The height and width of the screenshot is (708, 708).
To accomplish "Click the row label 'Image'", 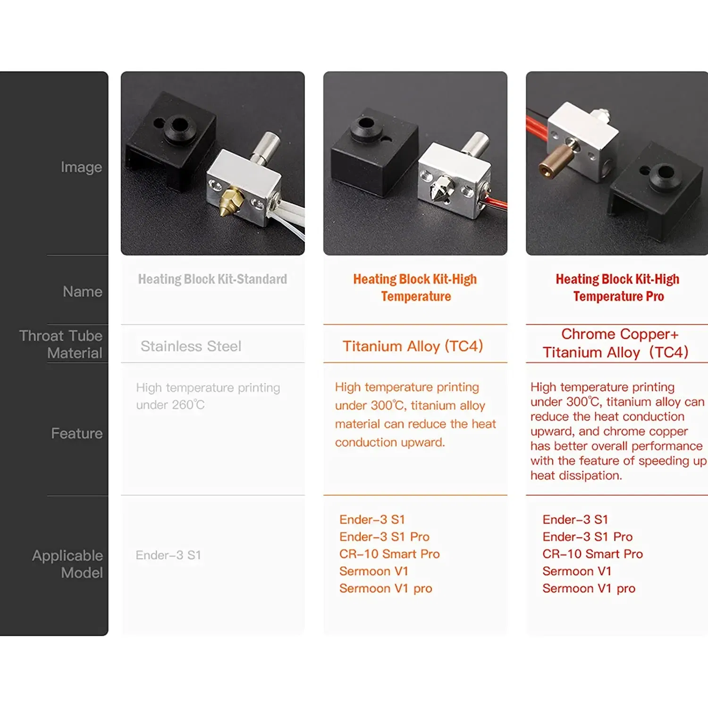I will click(x=81, y=167).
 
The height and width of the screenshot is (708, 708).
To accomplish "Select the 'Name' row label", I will click(x=83, y=292).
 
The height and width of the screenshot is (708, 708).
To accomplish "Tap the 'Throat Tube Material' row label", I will click(x=61, y=344).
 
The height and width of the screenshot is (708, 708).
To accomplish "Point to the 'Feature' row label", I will click(x=76, y=433).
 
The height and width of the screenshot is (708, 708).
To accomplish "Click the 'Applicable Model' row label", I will click(x=67, y=564).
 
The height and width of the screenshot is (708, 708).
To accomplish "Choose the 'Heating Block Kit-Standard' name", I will click(x=212, y=279).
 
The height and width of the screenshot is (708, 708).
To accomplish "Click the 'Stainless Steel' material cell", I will click(x=191, y=346).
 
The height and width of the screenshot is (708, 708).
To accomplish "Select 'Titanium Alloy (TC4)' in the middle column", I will click(x=413, y=346).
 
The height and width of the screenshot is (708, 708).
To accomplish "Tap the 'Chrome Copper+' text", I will click(x=620, y=334).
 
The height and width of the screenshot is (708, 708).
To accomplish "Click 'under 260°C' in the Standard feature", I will click(x=170, y=405).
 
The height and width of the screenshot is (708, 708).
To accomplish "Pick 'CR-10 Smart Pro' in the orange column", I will click(x=389, y=554).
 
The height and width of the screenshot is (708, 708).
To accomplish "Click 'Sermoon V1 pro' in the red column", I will click(x=589, y=588).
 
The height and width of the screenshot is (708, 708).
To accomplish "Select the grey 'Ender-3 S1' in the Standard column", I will click(x=169, y=555).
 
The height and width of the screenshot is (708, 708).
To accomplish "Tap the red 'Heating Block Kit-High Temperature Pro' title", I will click(x=617, y=287).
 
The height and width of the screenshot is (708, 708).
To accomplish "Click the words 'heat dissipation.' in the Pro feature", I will click(x=576, y=475).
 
